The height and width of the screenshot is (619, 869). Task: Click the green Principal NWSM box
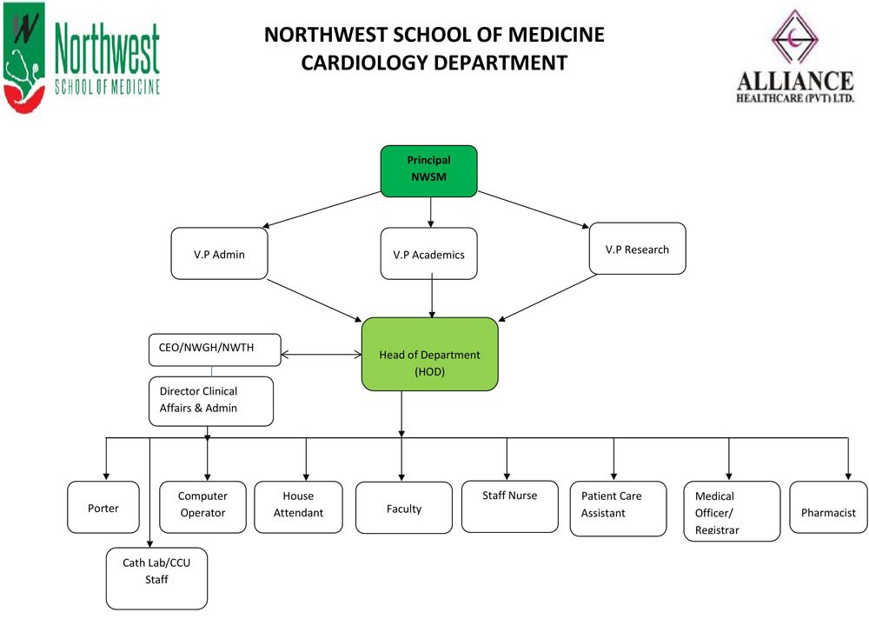[x=429, y=170]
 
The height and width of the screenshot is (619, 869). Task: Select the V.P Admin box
[x=219, y=254]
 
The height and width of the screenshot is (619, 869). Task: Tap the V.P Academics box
[x=429, y=254]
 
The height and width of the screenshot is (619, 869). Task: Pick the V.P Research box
[x=637, y=250]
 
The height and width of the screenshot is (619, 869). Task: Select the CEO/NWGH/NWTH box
[x=215, y=349]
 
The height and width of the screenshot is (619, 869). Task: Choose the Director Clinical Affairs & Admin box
[x=211, y=401]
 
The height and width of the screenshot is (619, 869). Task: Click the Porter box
[x=103, y=508]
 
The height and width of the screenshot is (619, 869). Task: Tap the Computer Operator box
[x=203, y=506]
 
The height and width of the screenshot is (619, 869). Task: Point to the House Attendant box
[x=298, y=506]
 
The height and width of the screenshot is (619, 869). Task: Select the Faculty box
[x=404, y=509]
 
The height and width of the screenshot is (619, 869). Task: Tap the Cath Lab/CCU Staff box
[x=156, y=577]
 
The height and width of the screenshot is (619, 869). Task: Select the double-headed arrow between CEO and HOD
[x=321, y=354]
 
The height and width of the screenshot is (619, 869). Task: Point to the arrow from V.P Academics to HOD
[x=432, y=297]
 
